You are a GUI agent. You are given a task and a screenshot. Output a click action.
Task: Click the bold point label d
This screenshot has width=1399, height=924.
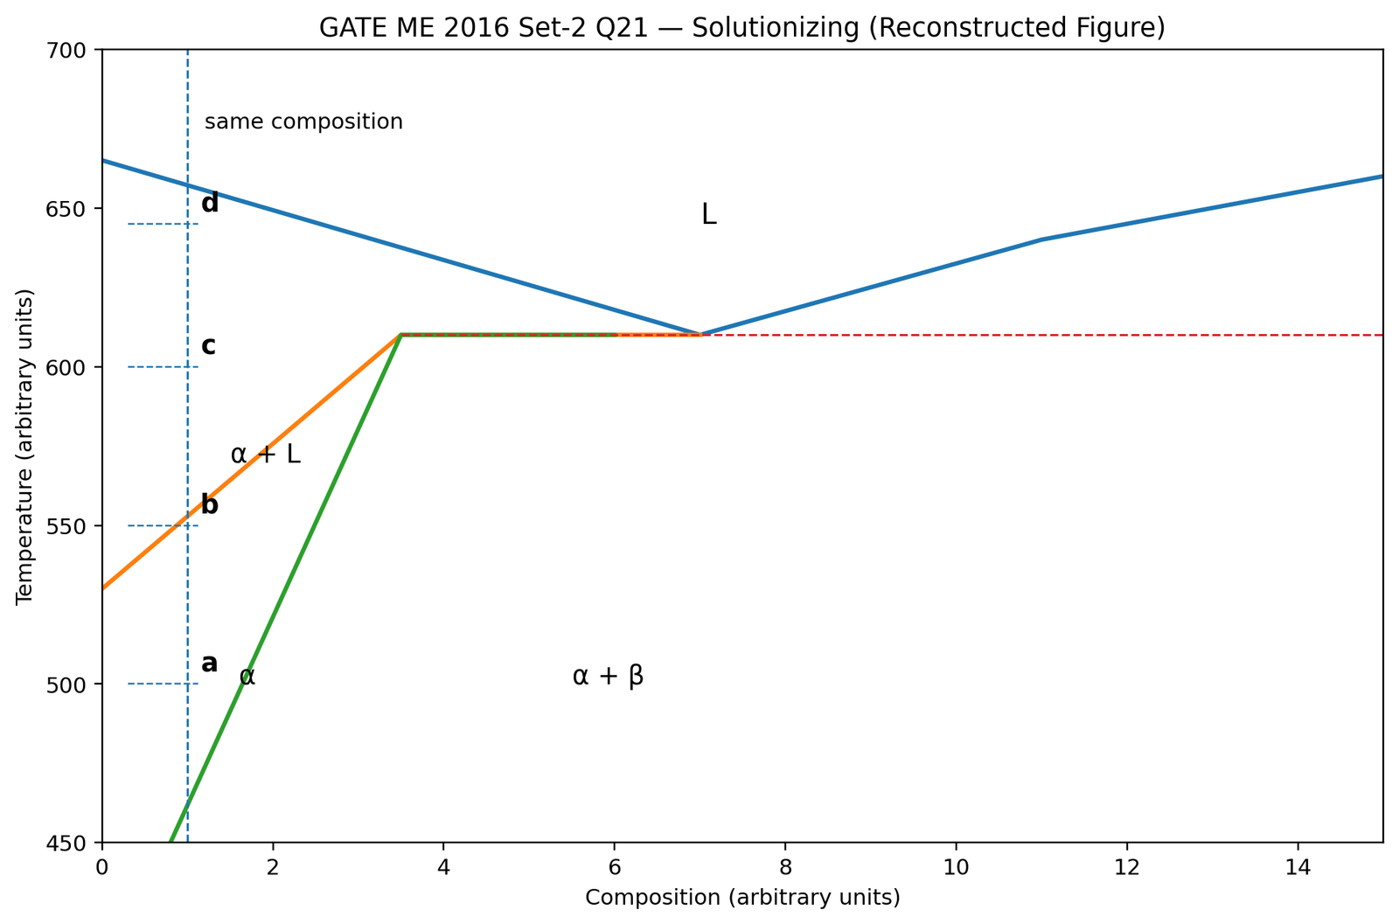pyautogui.click(x=210, y=203)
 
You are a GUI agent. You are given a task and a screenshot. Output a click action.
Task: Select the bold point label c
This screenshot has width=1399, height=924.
pyautogui.click(x=209, y=346)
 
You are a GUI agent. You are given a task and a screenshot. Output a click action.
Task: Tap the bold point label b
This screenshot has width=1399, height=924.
pyautogui.click(x=210, y=504)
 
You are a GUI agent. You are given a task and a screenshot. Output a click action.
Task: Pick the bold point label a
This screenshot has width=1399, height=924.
pyautogui.click(x=209, y=663)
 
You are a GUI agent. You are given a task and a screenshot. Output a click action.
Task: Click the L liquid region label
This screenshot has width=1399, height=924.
pyautogui.click(x=709, y=214)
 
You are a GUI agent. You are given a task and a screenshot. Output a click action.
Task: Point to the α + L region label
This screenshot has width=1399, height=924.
pyautogui.click(x=266, y=454)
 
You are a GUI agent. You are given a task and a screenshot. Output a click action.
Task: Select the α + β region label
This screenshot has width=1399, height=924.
pyautogui.click(x=608, y=676)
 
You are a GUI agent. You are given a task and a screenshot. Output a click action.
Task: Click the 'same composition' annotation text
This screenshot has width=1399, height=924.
pyautogui.click(x=303, y=122)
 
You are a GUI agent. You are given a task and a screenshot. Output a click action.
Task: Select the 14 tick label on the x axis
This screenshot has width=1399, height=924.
pyautogui.click(x=1298, y=868)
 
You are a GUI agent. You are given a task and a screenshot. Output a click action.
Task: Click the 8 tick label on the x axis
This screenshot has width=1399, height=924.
pyautogui.click(x=785, y=868)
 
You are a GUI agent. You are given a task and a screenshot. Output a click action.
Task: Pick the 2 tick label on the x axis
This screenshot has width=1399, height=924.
pyautogui.click(x=272, y=868)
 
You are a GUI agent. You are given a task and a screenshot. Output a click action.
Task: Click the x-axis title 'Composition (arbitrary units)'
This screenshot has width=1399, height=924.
pyautogui.click(x=742, y=897)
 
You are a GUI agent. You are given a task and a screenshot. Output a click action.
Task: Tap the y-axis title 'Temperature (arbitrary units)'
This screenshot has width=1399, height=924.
pyautogui.click(x=24, y=447)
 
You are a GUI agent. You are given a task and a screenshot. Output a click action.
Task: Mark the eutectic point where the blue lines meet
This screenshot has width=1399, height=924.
pyautogui.click(x=700, y=335)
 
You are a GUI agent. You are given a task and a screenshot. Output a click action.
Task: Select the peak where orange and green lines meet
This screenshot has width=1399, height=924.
pyautogui.click(x=401, y=335)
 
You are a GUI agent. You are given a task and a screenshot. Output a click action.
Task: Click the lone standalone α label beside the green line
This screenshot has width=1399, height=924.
pyautogui.click(x=247, y=676)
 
